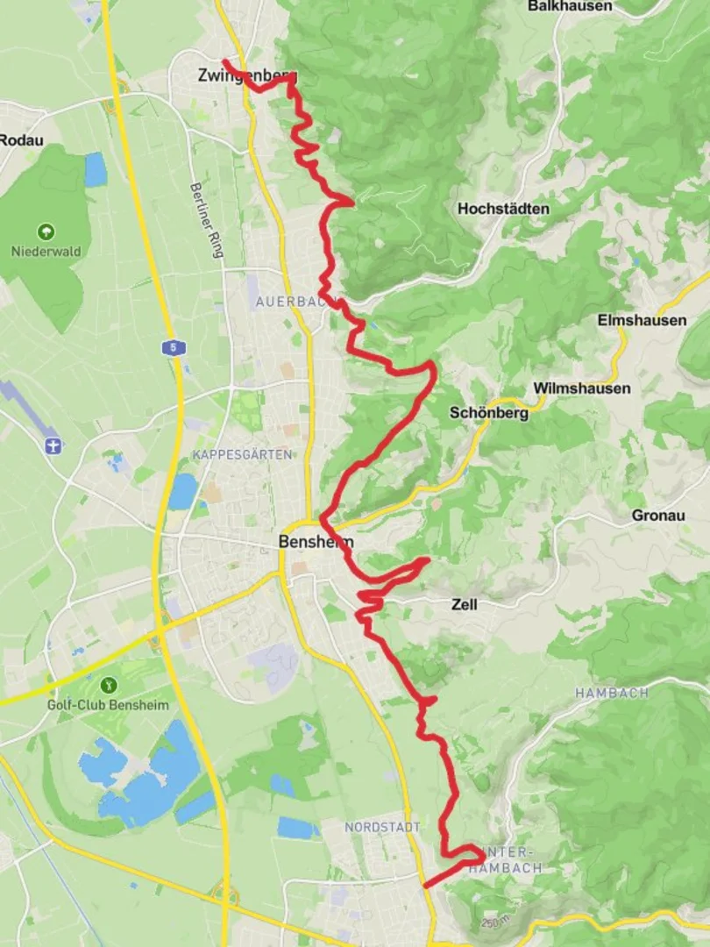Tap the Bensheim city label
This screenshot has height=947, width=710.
pyautogui.click(x=316, y=542)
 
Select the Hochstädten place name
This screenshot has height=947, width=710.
pyautogui.click(x=503, y=209)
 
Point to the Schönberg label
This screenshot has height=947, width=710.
pyautogui.click(x=489, y=413)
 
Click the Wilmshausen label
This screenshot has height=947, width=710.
pyautogui.click(x=581, y=388)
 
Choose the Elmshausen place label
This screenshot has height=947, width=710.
pyautogui.click(x=642, y=320)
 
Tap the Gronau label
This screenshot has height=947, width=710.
pyautogui.click(x=658, y=516)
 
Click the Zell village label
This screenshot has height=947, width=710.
pyautogui.click(x=465, y=604)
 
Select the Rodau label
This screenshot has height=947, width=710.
pyautogui.click(x=21, y=140)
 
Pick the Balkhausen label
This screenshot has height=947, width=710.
pyautogui.click(x=570, y=6)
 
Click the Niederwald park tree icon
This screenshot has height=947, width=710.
pyautogui.click(x=46, y=232)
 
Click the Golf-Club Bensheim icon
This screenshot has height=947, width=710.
pyautogui.click(x=109, y=685)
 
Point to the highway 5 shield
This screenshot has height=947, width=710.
pyautogui.click(x=174, y=348)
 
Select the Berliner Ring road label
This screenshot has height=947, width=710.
pyautogui.click(x=207, y=220)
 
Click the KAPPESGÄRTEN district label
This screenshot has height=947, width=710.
pyautogui.click(x=242, y=455)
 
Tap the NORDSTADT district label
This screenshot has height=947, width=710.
pyautogui.click(x=382, y=827)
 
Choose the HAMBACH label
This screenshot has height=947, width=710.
pyautogui.click(x=612, y=693)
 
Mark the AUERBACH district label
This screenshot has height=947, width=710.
pyautogui.click(x=290, y=302)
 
